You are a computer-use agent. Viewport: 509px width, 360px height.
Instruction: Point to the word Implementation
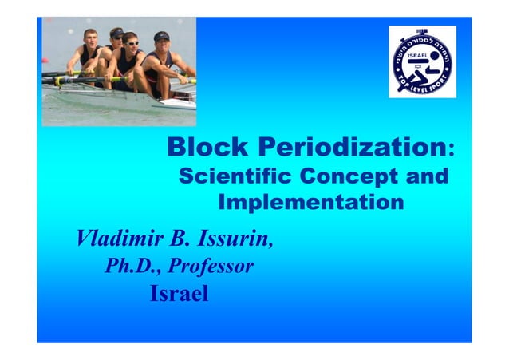click(x=310, y=202)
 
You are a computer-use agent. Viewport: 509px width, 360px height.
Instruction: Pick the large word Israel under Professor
click(x=179, y=295)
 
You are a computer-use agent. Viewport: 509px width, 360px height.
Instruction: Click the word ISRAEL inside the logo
click(x=419, y=56)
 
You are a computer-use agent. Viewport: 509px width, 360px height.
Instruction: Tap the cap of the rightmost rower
click(x=161, y=36)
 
